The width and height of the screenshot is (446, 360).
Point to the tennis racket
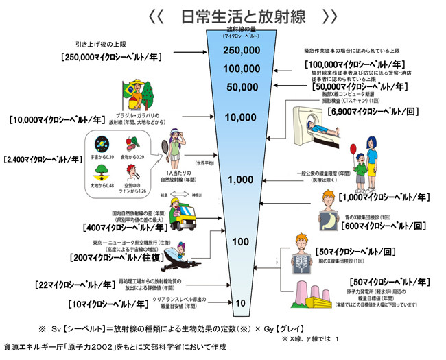166,147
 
